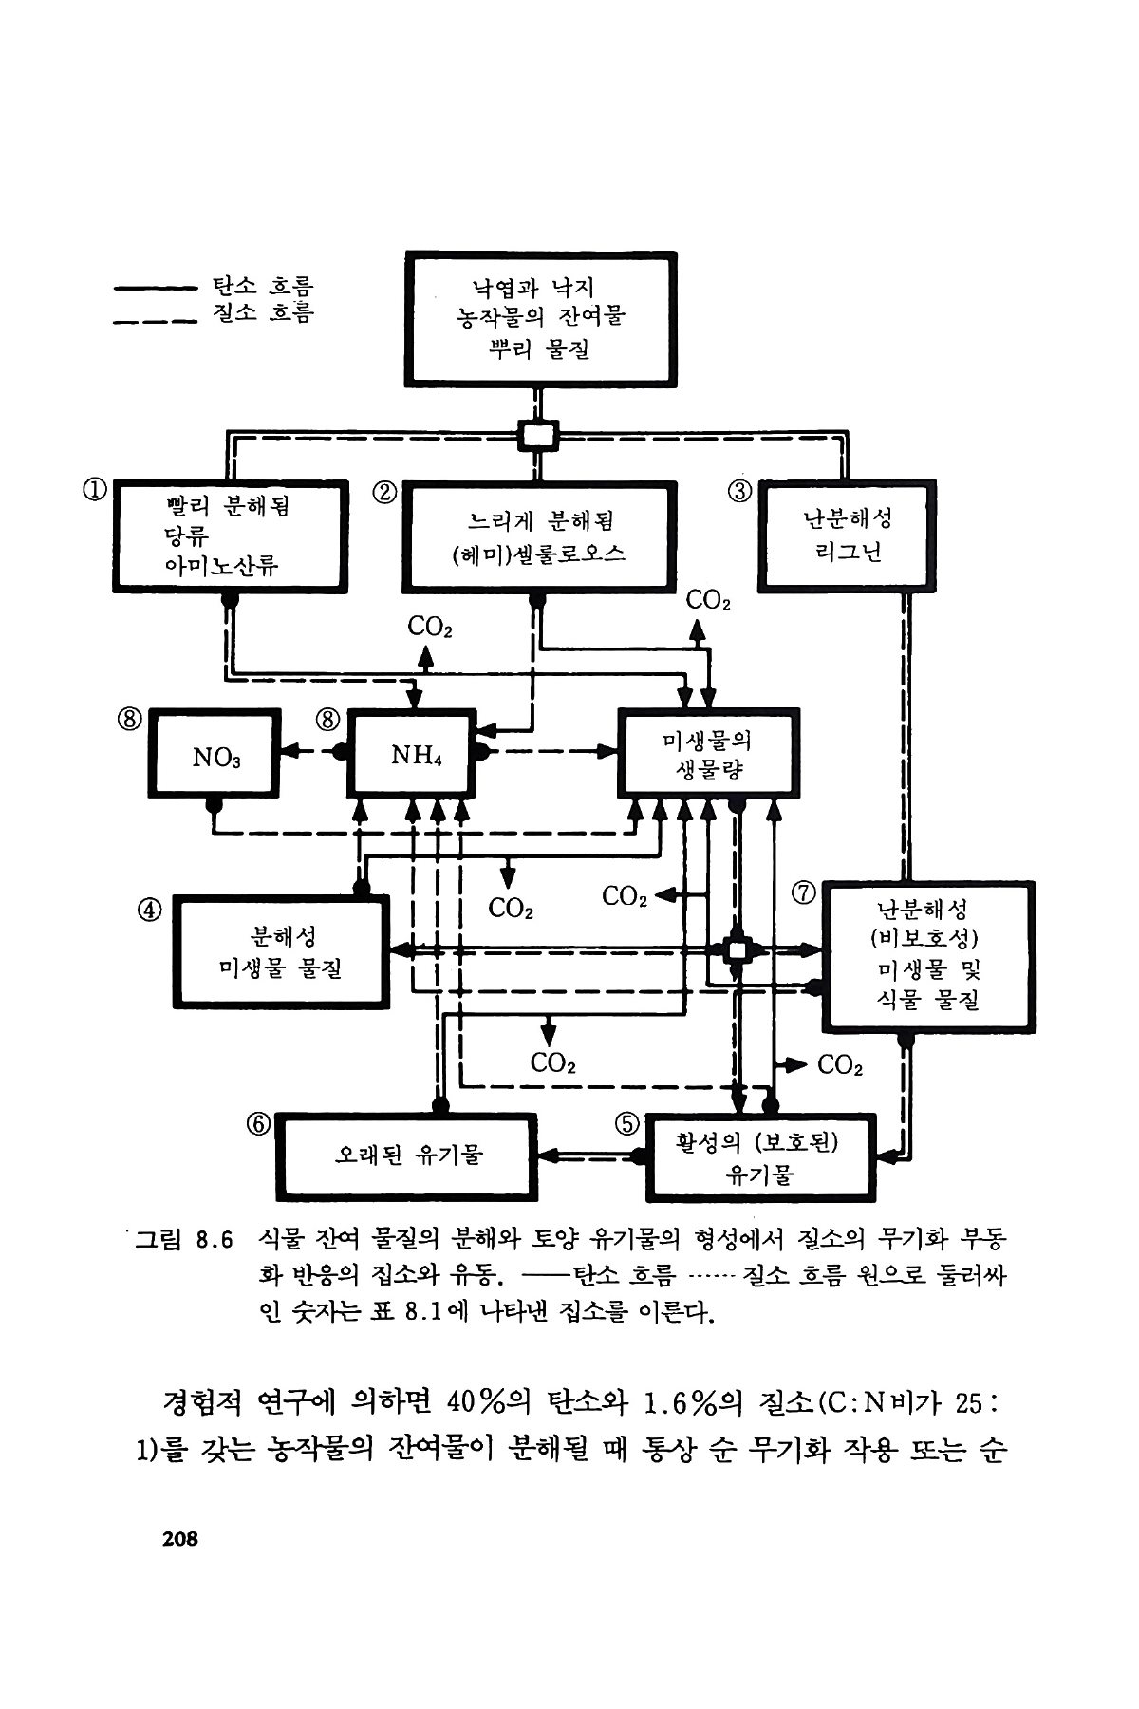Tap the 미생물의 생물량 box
point(708,753)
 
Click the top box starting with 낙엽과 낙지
point(540,318)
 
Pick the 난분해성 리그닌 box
point(846,536)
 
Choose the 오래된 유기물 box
point(408,1155)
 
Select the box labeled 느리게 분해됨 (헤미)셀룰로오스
point(538,536)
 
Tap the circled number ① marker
point(94,491)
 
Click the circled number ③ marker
point(739,491)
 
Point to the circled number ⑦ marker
point(804,893)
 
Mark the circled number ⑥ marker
point(258,1124)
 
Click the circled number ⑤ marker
point(626,1124)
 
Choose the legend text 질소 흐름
point(263,313)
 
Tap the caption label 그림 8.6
point(184,1240)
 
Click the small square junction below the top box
point(538,437)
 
